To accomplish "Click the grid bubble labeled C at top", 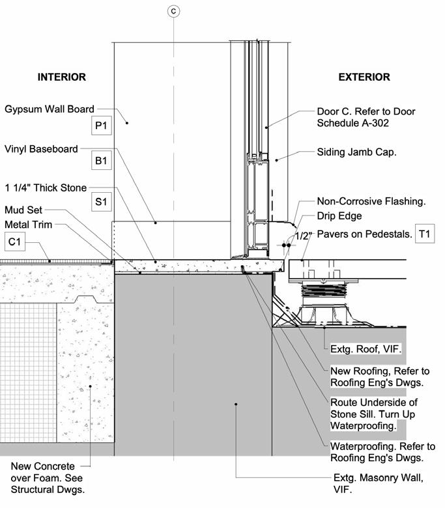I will click(x=173, y=10).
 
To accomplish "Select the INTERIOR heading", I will click(x=61, y=77).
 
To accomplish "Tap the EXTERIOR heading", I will click(x=364, y=77).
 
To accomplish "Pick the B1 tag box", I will click(x=101, y=161).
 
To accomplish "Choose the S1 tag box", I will click(x=101, y=202).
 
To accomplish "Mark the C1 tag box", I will click(x=14, y=242).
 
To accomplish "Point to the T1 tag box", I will click(x=425, y=234).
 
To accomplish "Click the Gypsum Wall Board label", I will click(x=50, y=109).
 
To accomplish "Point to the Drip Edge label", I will click(x=339, y=216).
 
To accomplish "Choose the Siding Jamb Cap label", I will click(x=356, y=152).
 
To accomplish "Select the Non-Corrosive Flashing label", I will click(x=371, y=202).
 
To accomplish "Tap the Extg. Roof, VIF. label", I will click(x=366, y=350).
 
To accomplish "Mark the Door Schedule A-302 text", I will click(x=357, y=123).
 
